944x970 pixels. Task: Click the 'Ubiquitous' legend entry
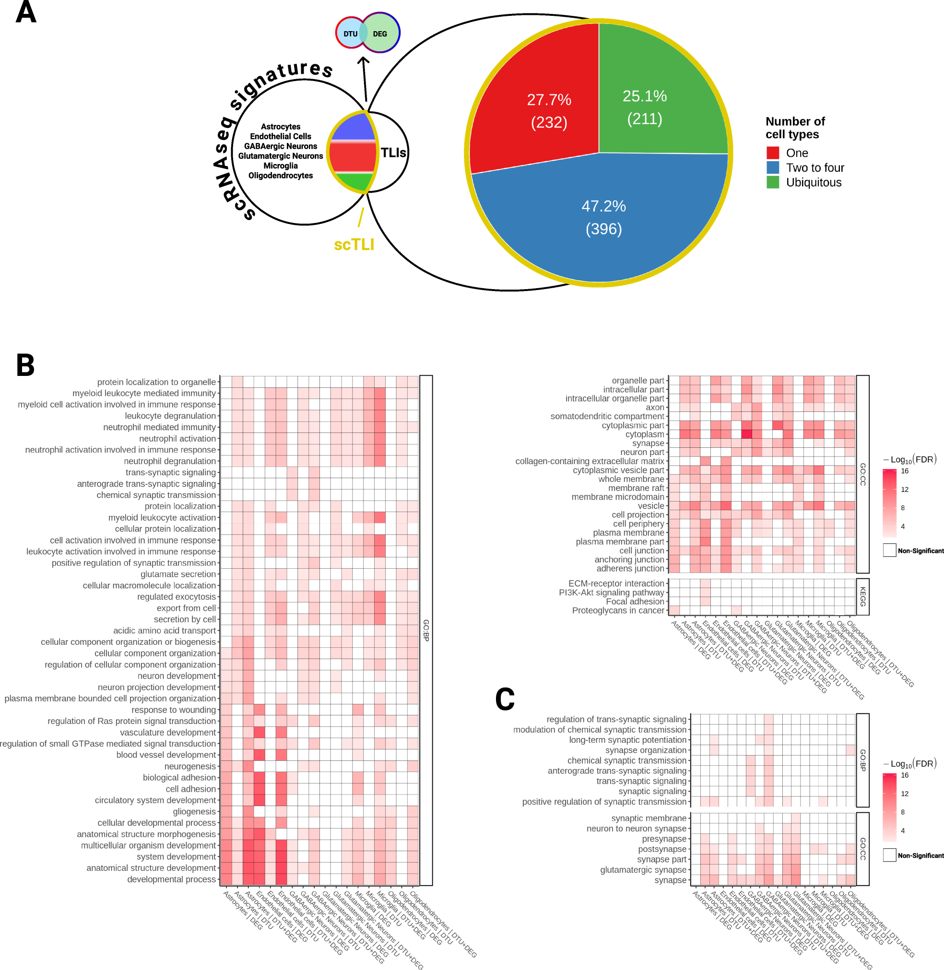click(814, 182)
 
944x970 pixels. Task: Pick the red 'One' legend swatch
click(772, 152)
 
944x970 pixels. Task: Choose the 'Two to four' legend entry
click(814, 167)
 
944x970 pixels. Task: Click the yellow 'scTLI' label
click(354, 245)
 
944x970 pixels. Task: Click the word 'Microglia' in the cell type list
click(281, 165)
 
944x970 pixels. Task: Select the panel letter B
click(25, 365)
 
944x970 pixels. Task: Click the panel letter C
click(505, 700)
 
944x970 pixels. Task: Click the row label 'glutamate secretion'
click(178, 574)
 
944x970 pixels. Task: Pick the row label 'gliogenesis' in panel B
click(194, 811)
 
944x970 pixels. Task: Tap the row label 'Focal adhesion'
click(635, 601)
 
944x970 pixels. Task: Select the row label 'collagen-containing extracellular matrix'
click(590, 461)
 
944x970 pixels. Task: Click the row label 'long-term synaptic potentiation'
click(628, 739)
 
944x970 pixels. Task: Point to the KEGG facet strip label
click(862, 597)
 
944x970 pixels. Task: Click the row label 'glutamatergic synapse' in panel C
click(643, 869)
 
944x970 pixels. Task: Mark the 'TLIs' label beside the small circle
click(393, 152)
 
